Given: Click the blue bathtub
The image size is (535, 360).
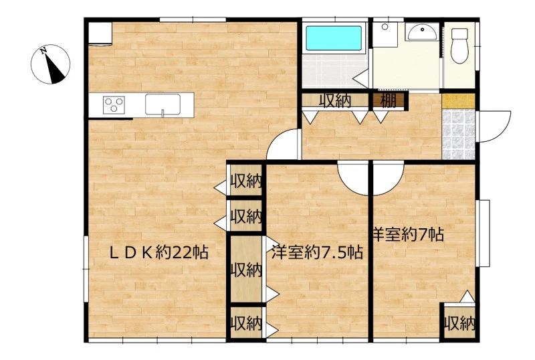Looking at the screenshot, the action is tap(333, 38).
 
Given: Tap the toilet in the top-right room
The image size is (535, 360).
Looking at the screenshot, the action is tap(459, 46).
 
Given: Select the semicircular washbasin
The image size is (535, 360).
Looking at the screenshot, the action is tap(422, 32).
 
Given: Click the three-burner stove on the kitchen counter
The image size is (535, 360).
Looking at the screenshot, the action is tap(114, 105).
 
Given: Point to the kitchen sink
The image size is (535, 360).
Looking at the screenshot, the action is tap(163, 104).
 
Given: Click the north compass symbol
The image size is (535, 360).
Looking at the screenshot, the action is tap(51, 64).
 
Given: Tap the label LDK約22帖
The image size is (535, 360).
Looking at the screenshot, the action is tap(158, 253).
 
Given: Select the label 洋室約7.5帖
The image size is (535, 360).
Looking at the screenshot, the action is tap(317, 252).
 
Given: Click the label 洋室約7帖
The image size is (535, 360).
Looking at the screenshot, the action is tap(409, 234).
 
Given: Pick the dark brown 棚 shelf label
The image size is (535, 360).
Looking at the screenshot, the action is tap(389, 101).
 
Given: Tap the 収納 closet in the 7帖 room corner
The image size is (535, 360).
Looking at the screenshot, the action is tap(459, 323).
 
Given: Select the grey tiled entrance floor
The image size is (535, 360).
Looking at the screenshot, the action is tap(458, 134).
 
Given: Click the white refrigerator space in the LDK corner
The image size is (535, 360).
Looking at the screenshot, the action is tap(100, 33).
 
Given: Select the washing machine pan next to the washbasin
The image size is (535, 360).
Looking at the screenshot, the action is tap(385, 35).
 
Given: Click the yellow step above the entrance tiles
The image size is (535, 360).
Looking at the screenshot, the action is tap(458, 101).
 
